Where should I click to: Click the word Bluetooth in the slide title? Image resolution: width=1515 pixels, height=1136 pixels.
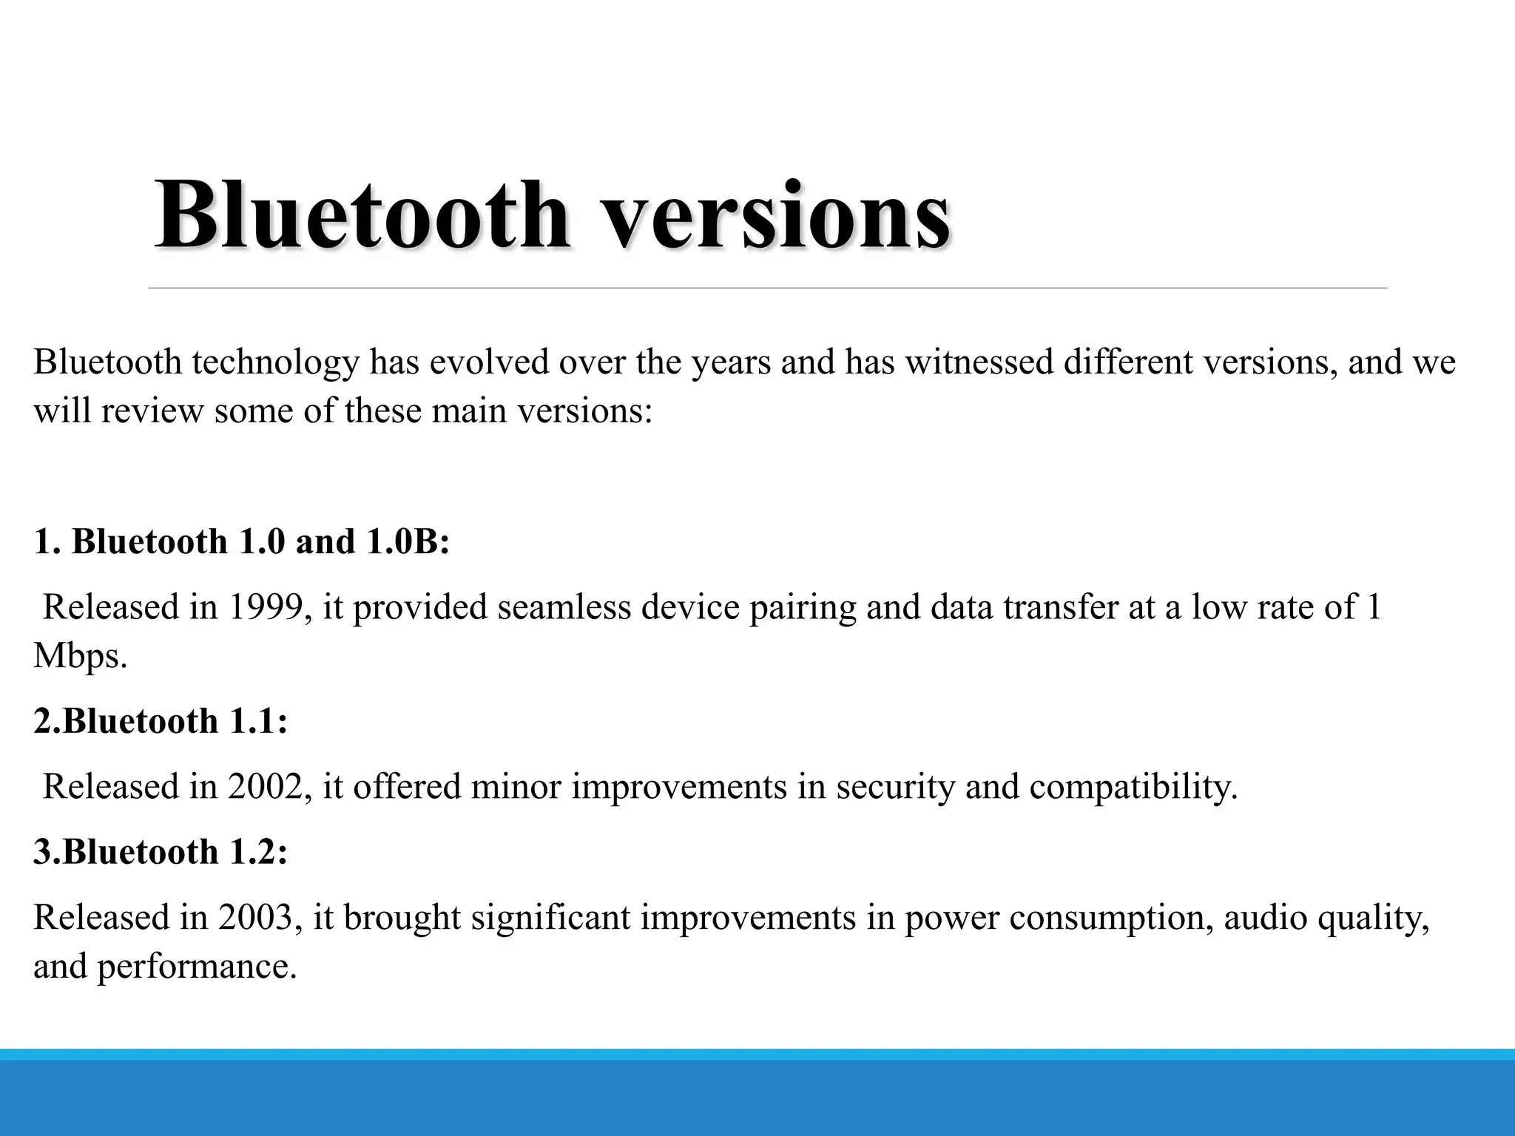(x=361, y=216)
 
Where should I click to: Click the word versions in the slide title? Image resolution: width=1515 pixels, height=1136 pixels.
(x=777, y=216)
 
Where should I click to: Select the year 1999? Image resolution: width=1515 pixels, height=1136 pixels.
(x=265, y=607)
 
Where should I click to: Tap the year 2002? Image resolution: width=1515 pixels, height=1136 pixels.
(x=265, y=786)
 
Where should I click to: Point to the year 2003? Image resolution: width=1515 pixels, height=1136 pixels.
(x=255, y=918)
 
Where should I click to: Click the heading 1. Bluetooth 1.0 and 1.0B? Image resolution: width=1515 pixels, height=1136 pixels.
(x=242, y=541)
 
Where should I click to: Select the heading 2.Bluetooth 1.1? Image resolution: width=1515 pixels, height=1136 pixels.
(x=161, y=721)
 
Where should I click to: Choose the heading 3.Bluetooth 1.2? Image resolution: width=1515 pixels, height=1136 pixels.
(x=161, y=852)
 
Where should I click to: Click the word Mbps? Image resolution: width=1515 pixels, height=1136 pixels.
(x=79, y=656)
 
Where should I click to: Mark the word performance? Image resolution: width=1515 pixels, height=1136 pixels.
(x=196, y=967)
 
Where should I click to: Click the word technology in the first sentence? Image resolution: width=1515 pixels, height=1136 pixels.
(x=275, y=362)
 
